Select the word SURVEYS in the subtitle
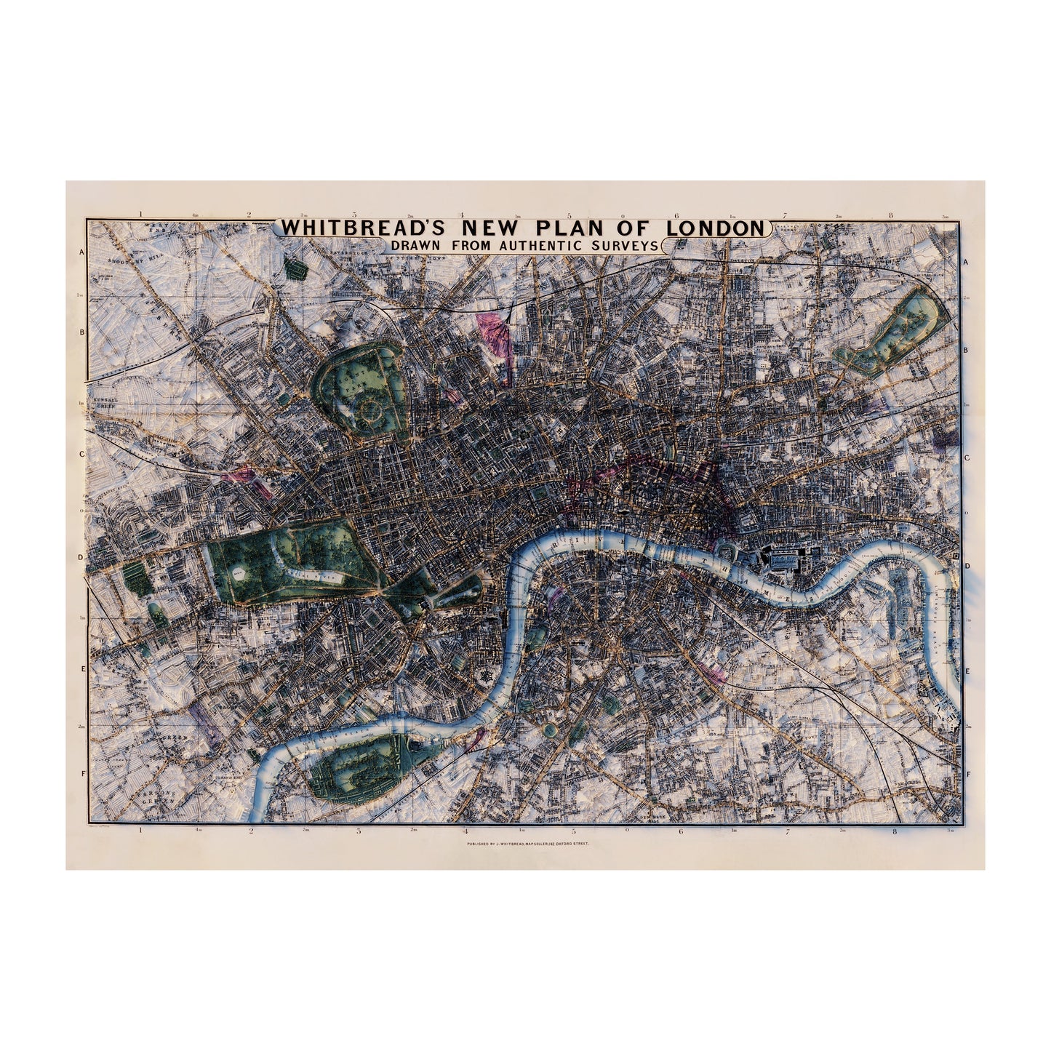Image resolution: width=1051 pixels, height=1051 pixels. (627, 246)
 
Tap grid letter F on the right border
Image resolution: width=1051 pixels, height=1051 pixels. (966, 774)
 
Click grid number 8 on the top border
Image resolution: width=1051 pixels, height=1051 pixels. (892, 215)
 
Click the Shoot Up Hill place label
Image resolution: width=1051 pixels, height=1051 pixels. (129, 260)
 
